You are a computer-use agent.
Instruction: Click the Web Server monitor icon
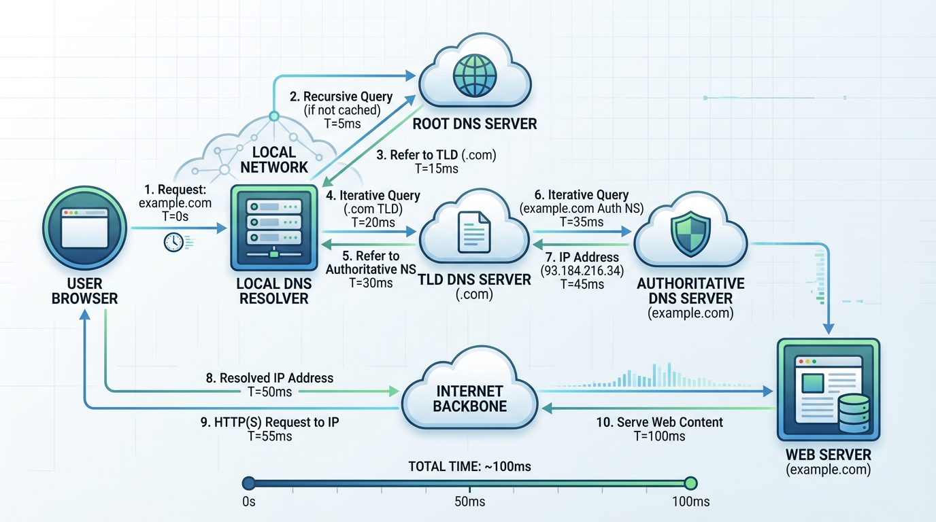pos(828,388)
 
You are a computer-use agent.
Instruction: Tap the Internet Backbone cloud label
pos(469,399)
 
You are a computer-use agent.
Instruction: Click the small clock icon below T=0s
pos(173,242)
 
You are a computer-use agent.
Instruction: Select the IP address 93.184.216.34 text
pos(582,271)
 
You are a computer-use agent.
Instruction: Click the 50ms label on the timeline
pos(469,502)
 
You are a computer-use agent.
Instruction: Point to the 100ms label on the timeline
pos(690,502)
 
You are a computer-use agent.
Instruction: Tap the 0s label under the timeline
pos(248,502)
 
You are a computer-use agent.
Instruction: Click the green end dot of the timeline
pos(690,483)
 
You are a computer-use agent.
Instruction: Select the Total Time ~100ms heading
pos(469,466)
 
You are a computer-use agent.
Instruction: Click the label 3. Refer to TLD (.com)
pos(436,155)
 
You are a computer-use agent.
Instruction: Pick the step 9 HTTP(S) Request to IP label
pos(270,422)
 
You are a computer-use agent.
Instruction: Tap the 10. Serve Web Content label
pos(659,422)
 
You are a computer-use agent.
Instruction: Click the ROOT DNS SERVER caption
pos(475,124)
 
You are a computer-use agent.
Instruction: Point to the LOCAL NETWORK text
pos(274,159)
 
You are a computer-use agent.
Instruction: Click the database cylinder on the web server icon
pos(854,413)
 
